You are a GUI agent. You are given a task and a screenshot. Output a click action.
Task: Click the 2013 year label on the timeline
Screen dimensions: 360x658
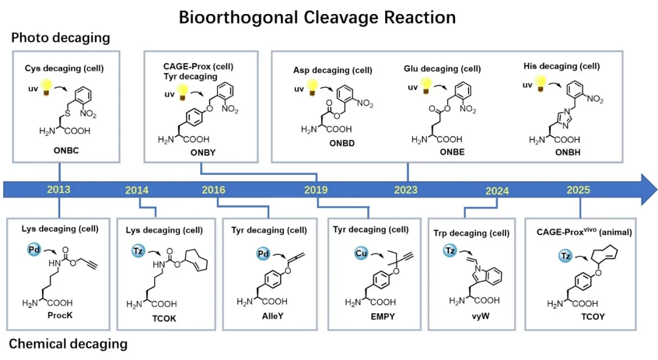[x=58, y=189]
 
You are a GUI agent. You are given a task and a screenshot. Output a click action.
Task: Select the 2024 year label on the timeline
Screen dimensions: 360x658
[x=497, y=191]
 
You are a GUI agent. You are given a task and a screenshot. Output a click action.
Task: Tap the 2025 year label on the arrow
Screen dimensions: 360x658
[x=578, y=189]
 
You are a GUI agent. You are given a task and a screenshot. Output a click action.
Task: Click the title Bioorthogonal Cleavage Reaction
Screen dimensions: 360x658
[x=317, y=17]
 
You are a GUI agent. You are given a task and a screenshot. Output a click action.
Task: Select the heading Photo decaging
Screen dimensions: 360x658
[x=60, y=38]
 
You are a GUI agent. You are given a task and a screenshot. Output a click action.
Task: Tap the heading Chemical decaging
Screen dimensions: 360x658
[x=68, y=344]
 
